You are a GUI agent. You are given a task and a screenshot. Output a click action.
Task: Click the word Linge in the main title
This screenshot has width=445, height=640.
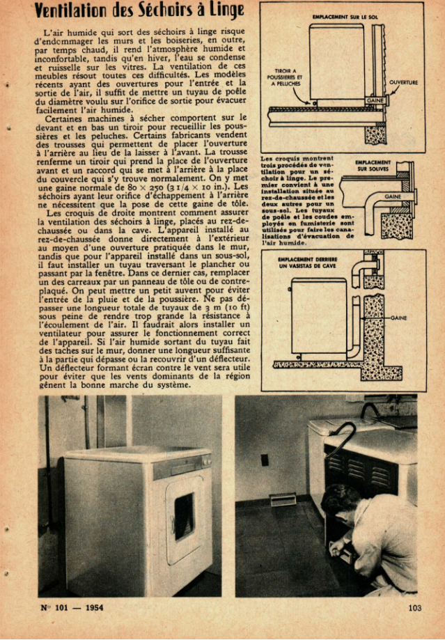pyautogui.click(x=225, y=10)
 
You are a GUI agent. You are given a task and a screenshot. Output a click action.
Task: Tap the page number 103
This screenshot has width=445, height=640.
pyautogui.click(x=415, y=607)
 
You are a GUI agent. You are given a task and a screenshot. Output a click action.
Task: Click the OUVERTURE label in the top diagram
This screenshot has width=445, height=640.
pyautogui.click(x=403, y=82)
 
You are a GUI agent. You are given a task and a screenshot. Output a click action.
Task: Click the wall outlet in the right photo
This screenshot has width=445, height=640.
pyautogui.click(x=264, y=460)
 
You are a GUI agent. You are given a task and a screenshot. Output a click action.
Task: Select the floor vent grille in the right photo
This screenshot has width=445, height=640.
pyautogui.click(x=283, y=499)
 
